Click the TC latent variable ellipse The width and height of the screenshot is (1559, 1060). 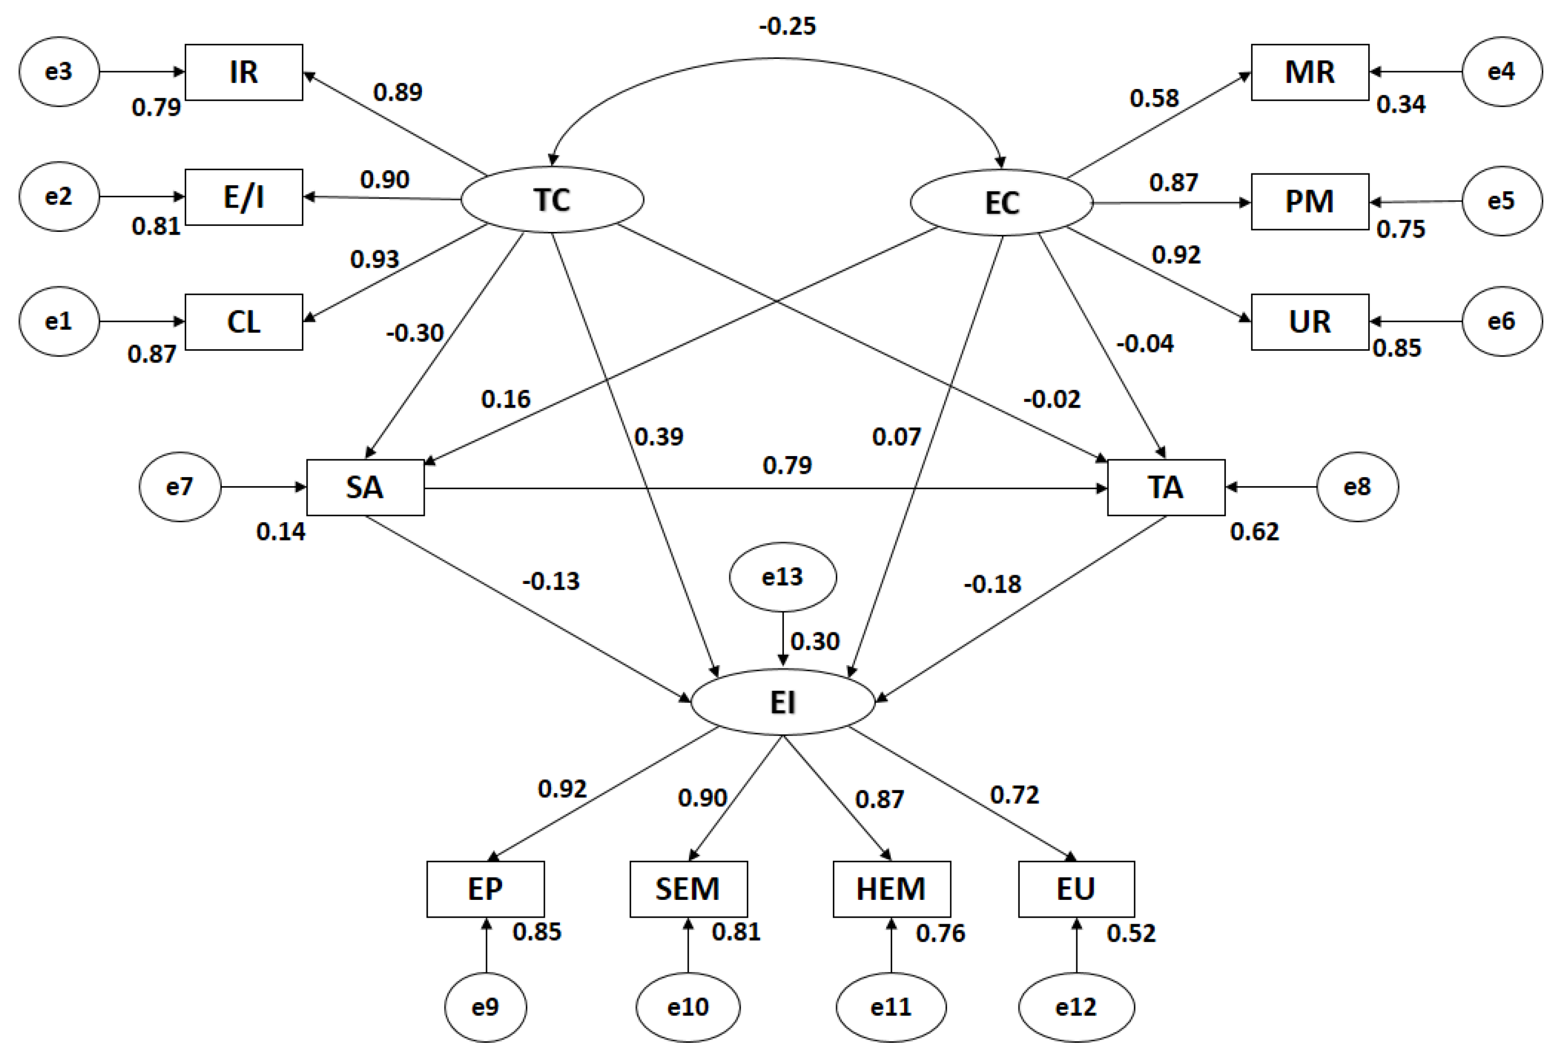(x=552, y=199)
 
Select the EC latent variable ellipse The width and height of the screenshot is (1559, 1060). (x=1001, y=202)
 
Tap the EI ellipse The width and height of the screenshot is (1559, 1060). (x=782, y=702)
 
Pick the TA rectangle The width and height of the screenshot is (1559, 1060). (x=1166, y=487)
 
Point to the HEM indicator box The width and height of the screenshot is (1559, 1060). (x=891, y=889)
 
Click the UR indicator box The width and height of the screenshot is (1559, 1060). (x=1309, y=322)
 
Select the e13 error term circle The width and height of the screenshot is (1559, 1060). (x=782, y=577)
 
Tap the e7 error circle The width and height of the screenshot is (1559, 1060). (x=180, y=487)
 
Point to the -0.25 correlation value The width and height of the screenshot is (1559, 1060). (x=787, y=27)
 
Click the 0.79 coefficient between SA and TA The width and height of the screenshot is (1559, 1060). (x=787, y=465)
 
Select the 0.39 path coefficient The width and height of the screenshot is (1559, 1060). (x=659, y=437)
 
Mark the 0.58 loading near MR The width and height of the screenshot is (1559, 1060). (x=1154, y=98)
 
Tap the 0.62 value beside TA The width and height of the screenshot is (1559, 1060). (x=1254, y=531)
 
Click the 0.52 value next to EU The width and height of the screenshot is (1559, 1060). (x=1131, y=933)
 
